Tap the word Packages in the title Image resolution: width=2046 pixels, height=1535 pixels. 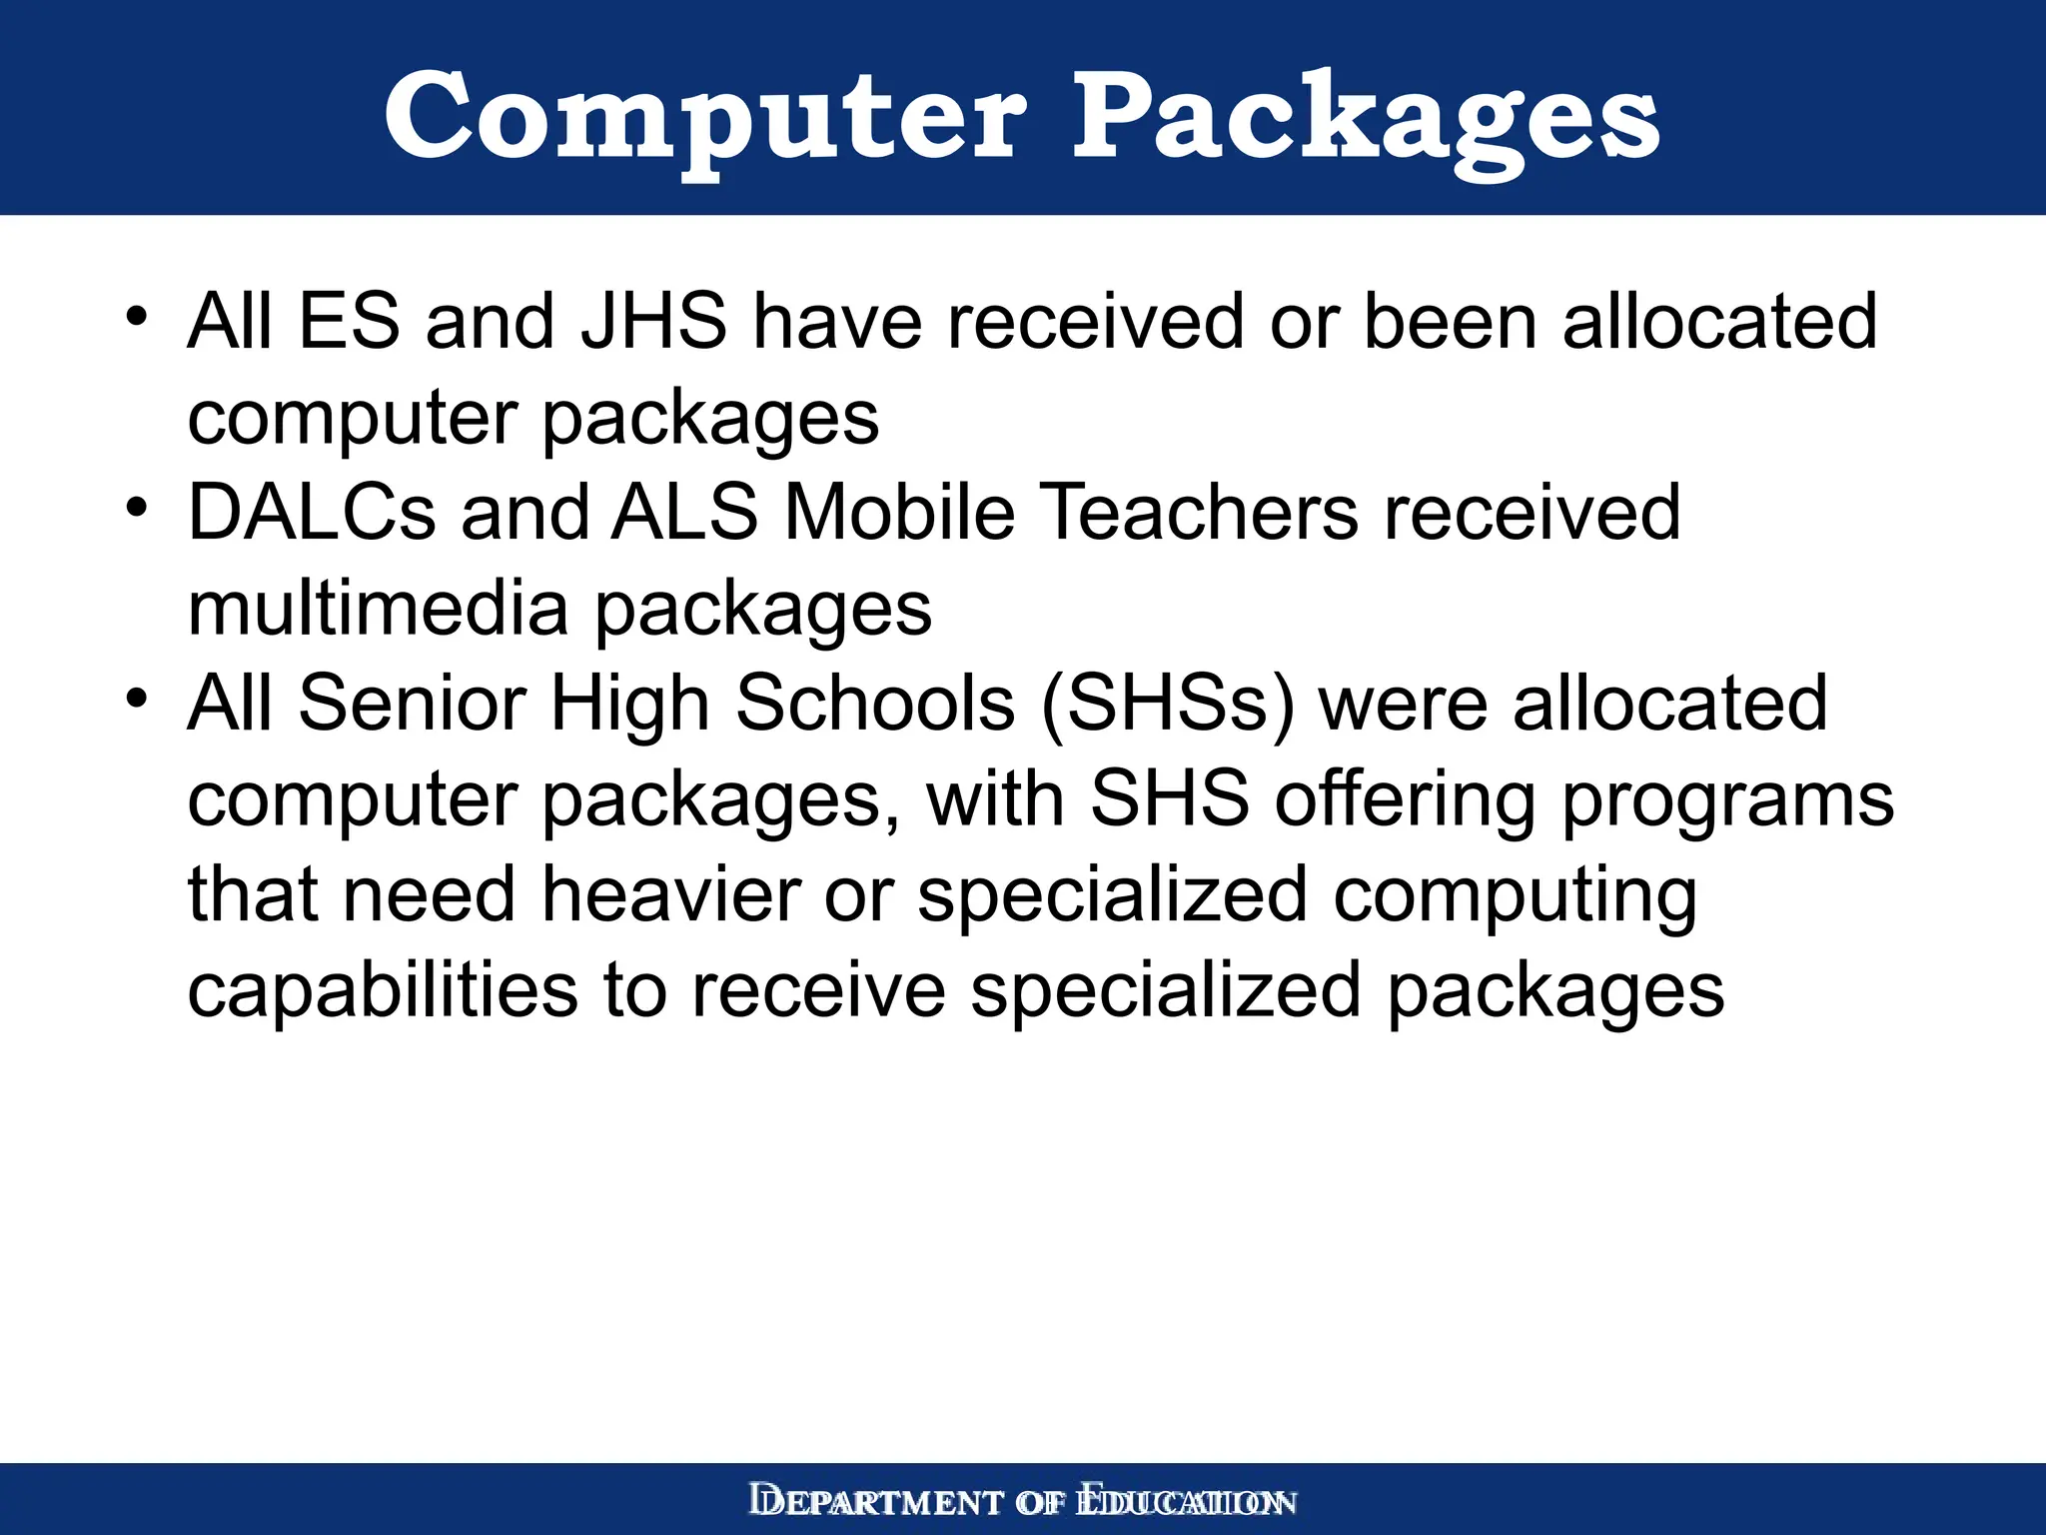(1366, 118)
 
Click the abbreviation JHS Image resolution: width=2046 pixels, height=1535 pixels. (654, 322)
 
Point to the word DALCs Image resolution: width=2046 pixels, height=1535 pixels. (312, 513)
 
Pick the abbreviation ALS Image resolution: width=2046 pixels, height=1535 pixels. (685, 513)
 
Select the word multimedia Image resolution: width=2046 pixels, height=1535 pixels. (378, 609)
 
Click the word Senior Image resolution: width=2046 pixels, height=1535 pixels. (412, 704)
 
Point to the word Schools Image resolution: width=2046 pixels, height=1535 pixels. (875, 704)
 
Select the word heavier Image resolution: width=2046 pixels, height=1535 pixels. (671, 894)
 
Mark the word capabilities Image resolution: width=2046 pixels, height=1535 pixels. (383, 990)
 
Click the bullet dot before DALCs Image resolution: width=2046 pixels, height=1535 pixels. (137, 507)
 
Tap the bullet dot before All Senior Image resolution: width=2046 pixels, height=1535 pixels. (137, 698)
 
